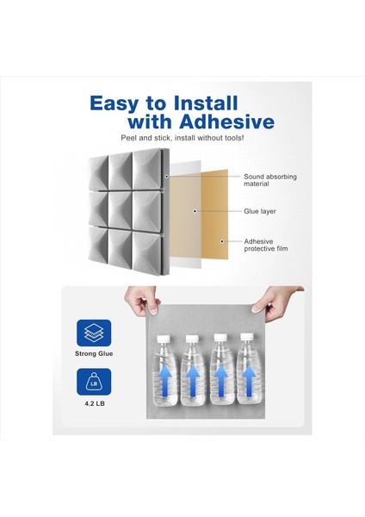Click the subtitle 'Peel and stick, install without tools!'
(x=182, y=138)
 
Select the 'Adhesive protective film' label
(x=269, y=246)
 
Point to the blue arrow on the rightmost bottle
(x=250, y=381)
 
